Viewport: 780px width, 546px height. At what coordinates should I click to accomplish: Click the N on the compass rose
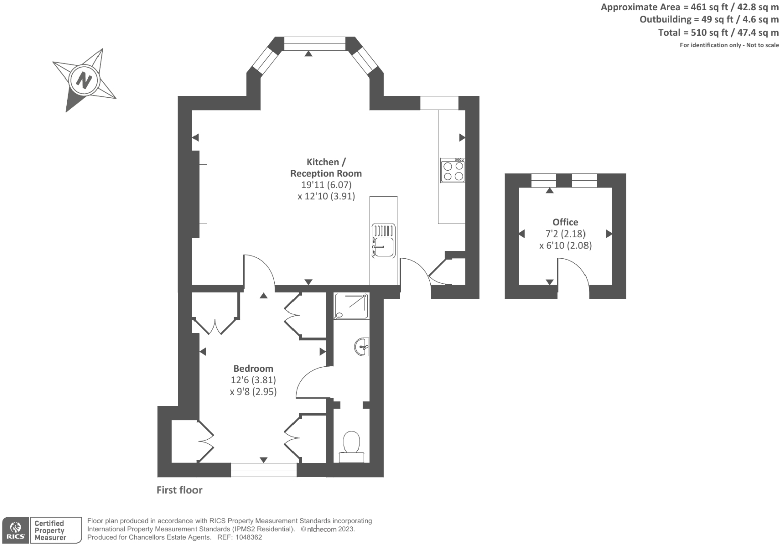tap(84, 81)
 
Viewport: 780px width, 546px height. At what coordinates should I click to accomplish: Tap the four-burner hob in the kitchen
tap(453, 170)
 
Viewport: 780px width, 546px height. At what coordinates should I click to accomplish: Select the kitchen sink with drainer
tap(383, 241)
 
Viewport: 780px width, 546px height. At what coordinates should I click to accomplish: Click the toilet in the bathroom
tap(351, 447)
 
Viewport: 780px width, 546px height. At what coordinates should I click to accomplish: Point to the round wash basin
tap(362, 347)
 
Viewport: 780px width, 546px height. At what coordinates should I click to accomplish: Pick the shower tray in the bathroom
tap(351, 306)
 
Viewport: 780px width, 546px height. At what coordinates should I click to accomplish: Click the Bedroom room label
tap(253, 368)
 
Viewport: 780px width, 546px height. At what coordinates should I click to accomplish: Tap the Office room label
tap(565, 222)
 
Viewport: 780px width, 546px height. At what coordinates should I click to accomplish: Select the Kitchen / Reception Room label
tap(326, 168)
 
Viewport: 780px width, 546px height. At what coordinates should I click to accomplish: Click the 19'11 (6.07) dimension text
tap(326, 185)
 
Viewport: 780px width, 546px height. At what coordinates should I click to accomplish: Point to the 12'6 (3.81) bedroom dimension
tap(253, 380)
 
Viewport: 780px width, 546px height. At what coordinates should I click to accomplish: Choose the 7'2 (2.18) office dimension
tap(565, 233)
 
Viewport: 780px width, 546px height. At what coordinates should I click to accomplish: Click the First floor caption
tap(179, 490)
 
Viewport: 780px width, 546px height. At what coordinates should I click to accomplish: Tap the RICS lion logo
tap(15, 530)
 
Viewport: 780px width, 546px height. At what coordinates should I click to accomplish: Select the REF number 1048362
tap(249, 537)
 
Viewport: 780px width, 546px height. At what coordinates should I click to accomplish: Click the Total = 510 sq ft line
tap(718, 32)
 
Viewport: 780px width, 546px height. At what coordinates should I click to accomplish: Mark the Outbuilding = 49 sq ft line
tap(709, 19)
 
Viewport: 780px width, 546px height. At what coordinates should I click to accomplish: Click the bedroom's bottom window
tap(263, 470)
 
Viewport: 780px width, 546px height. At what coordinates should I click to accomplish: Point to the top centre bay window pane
tap(315, 44)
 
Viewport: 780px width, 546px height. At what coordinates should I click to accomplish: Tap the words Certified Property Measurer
tap(50, 530)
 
